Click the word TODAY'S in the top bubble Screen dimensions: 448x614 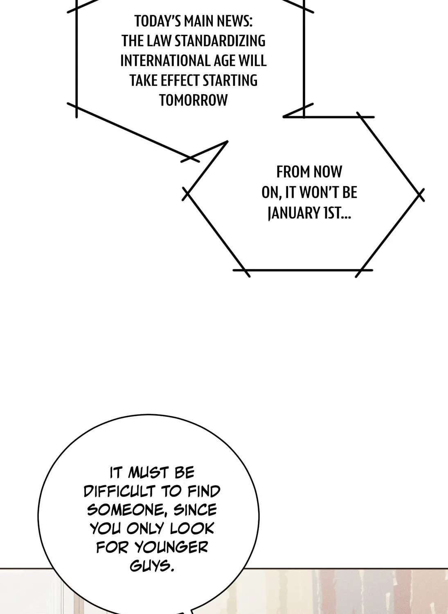[x=158, y=21]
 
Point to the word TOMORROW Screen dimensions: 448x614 [x=194, y=100]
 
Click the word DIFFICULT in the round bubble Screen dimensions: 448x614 [x=119, y=491]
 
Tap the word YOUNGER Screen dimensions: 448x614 [x=172, y=548]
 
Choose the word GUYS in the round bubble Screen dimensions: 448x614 [x=152, y=566]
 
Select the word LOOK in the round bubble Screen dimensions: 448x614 [x=191, y=529]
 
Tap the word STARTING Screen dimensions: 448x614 [x=230, y=80]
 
